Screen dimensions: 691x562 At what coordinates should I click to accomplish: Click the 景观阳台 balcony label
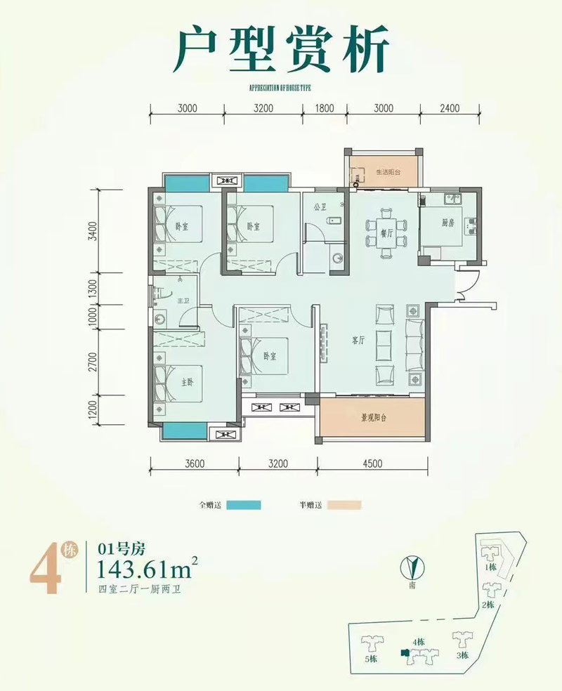[x=373, y=417]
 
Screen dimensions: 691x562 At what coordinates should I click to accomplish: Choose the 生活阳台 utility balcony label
[x=387, y=172]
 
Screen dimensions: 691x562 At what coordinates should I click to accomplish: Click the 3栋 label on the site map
[x=462, y=656]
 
